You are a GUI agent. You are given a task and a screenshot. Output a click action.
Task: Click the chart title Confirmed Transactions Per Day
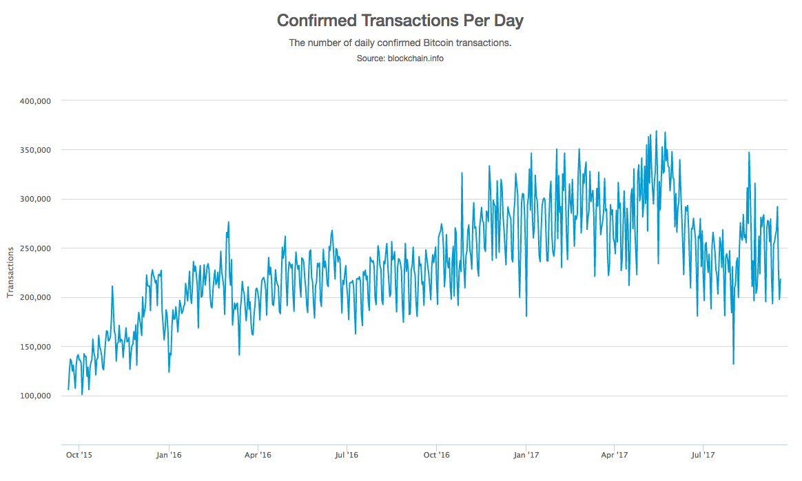(x=400, y=21)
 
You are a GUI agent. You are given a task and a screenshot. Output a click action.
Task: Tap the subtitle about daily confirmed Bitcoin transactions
(x=400, y=43)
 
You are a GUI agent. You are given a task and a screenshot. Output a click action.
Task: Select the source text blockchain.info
(x=400, y=58)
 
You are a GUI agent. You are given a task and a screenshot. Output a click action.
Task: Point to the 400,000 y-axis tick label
(x=36, y=100)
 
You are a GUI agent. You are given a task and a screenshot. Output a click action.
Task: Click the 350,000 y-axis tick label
(x=36, y=150)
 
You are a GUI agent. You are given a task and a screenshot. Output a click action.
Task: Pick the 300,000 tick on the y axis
(x=36, y=199)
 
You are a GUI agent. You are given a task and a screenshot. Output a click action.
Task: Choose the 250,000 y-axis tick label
(x=36, y=248)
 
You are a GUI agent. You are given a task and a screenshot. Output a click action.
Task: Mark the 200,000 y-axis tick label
(x=36, y=297)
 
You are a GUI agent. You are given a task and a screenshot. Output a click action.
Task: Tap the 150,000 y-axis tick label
(x=36, y=347)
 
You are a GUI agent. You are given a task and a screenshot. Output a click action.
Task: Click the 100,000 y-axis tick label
(x=36, y=396)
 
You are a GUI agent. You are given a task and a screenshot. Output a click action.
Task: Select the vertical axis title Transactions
(x=10, y=272)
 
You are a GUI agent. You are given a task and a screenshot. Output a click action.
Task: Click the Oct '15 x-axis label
(x=79, y=455)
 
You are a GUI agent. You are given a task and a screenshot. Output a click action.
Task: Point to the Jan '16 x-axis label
(x=169, y=455)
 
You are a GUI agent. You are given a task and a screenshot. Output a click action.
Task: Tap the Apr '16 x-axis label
(x=258, y=455)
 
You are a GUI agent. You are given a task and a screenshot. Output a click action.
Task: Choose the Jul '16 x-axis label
(x=347, y=455)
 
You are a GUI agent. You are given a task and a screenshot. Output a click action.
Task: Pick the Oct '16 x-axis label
(x=436, y=455)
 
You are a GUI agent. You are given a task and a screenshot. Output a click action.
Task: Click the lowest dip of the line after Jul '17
(x=733, y=364)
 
